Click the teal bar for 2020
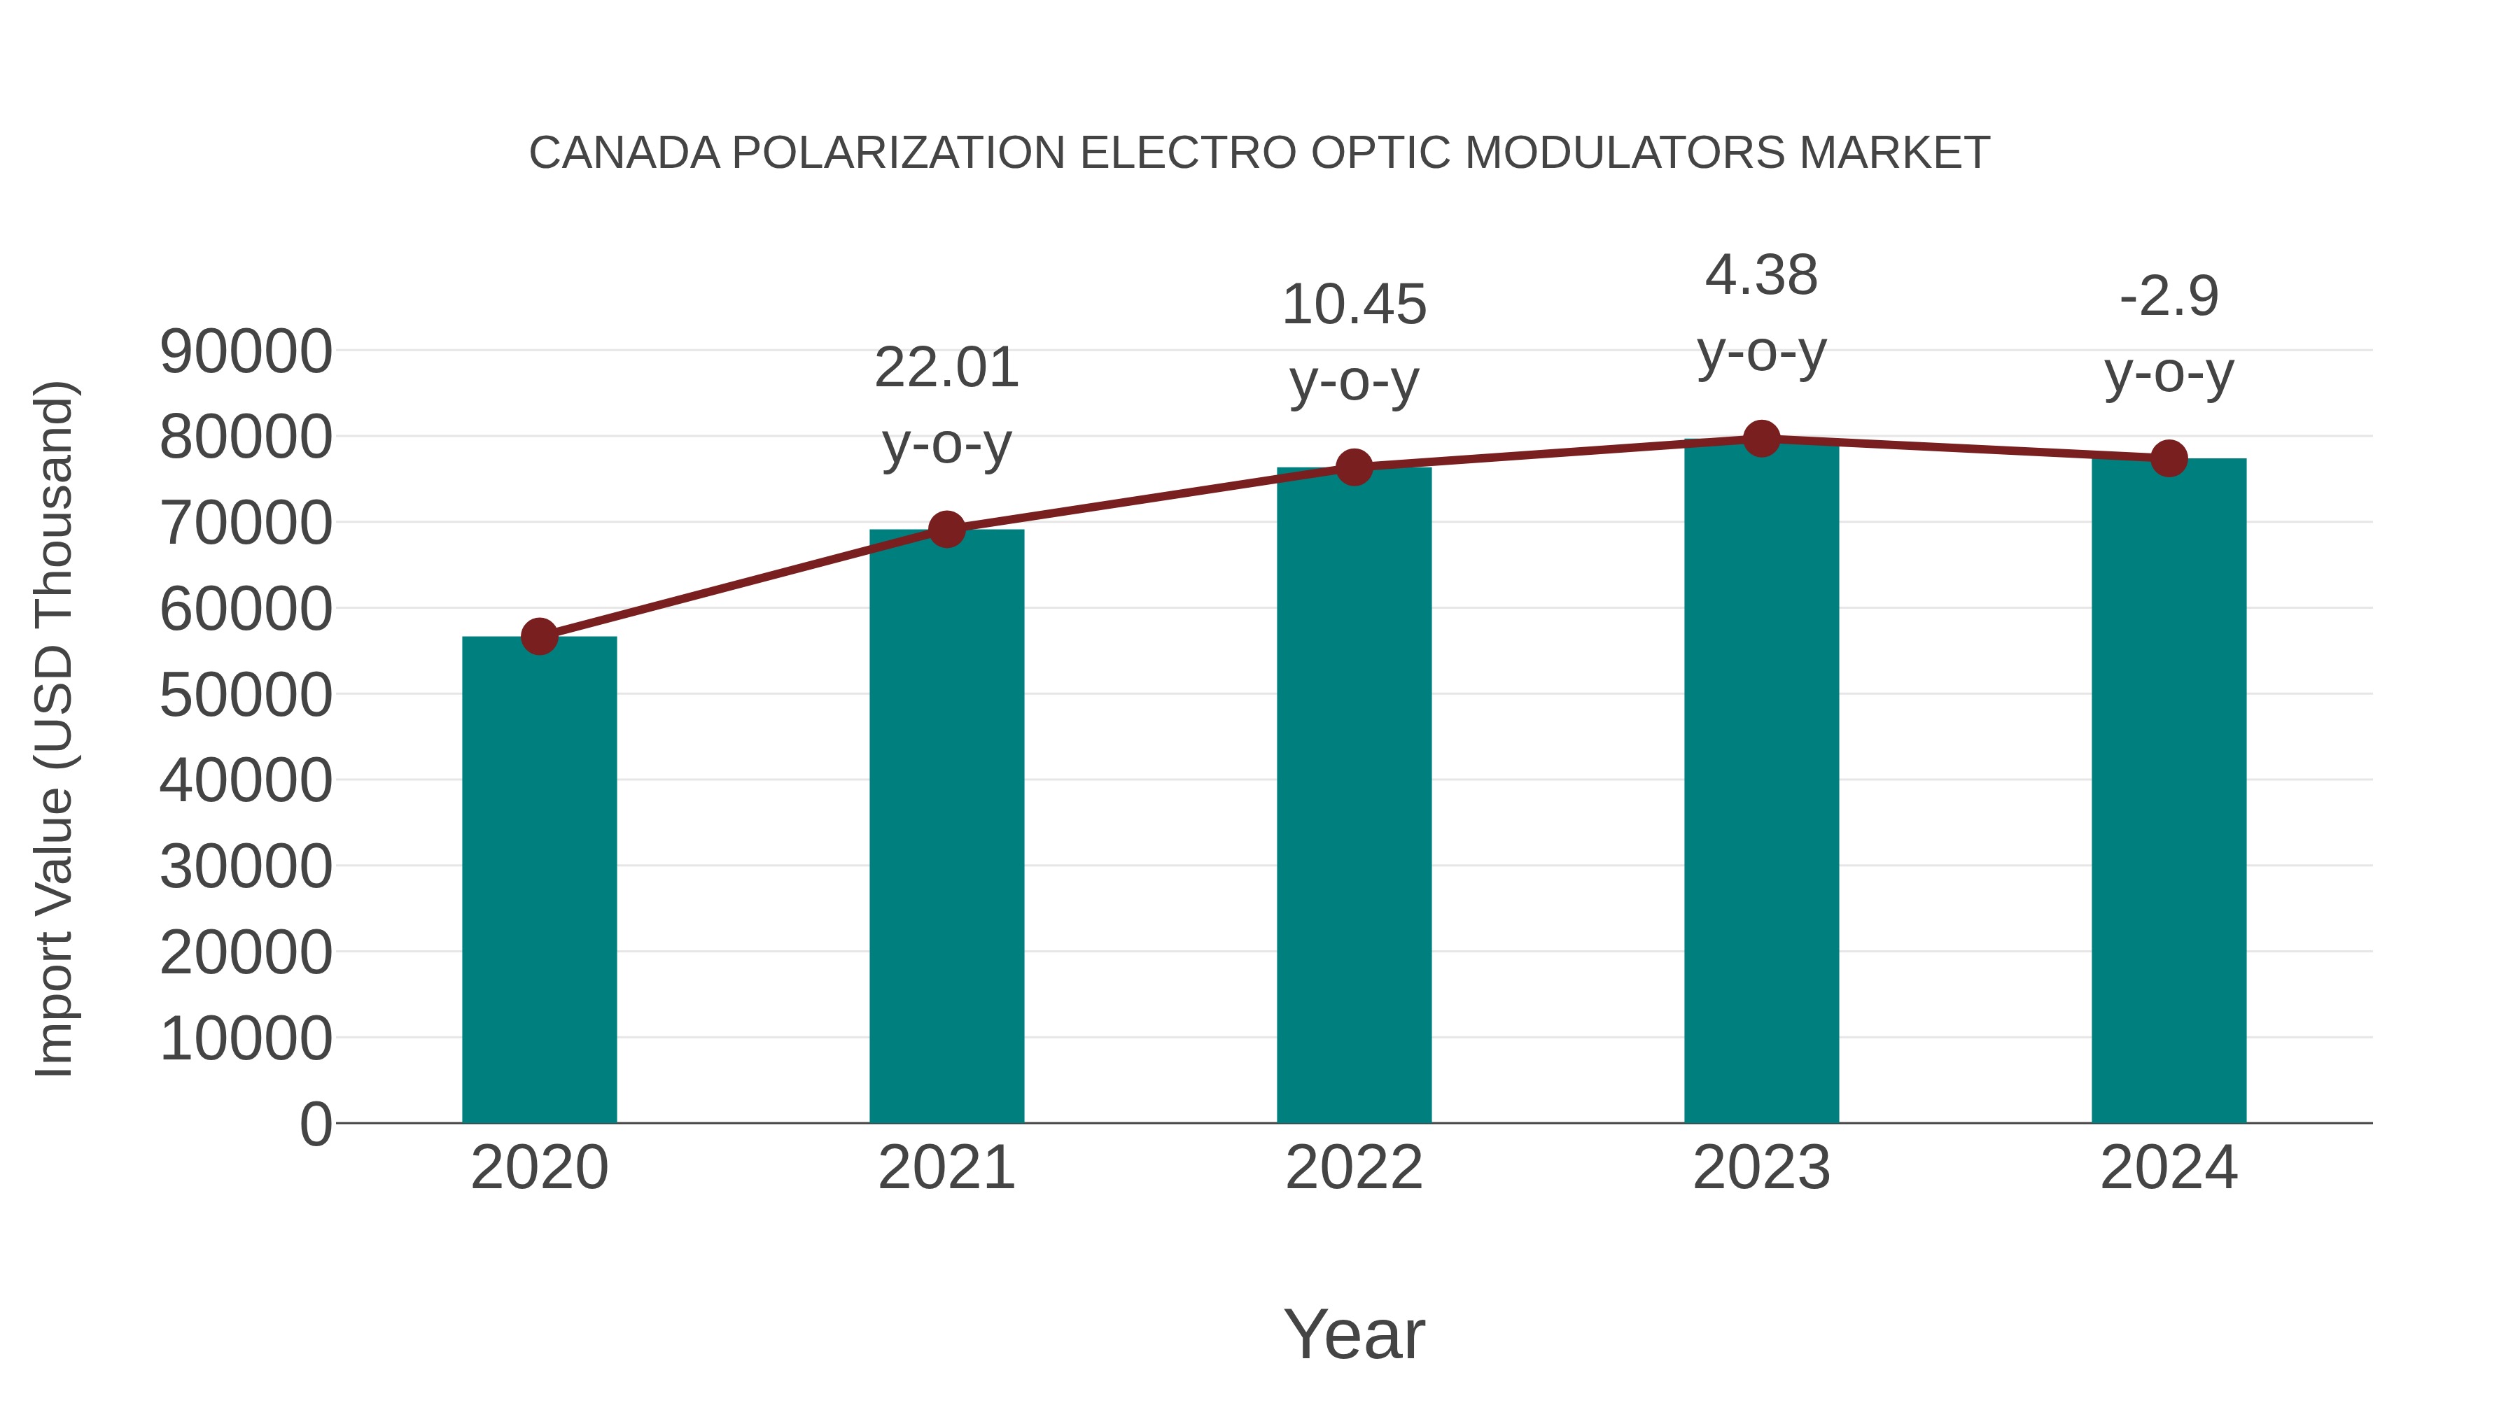point(539,880)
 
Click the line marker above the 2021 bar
point(946,530)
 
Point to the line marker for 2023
point(1761,439)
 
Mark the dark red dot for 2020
point(539,637)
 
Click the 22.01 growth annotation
point(946,369)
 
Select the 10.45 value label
point(1354,305)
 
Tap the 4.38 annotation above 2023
point(1761,276)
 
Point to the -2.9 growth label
point(2169,296)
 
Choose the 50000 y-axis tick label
point(246,696)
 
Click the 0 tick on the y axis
point(315,1124)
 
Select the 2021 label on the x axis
point(946,1168)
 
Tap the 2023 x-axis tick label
point(1761,1168)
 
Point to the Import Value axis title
point(55,728)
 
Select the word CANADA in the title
point(624,153)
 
